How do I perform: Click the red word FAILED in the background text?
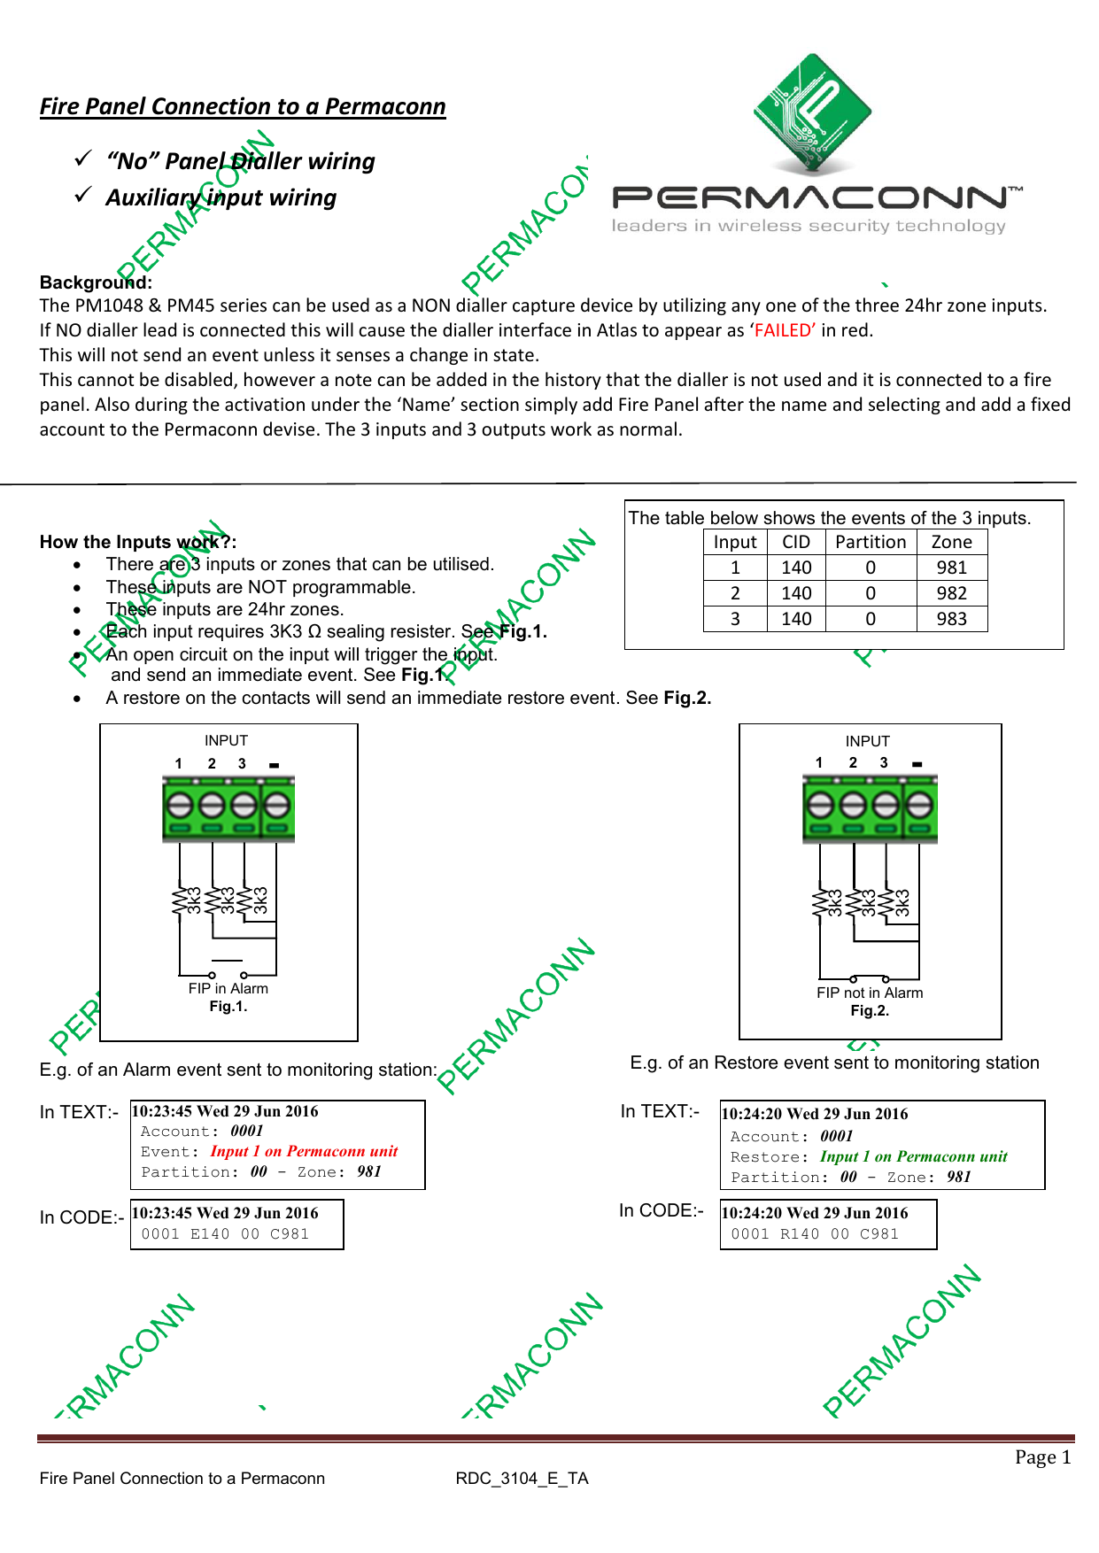pos(784,330)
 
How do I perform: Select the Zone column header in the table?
pos(951,542)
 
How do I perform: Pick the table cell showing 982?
pos(951,593)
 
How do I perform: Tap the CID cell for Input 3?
pos(795,619)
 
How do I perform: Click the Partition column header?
pos(870,542)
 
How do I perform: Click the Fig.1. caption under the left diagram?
pos(228,1007)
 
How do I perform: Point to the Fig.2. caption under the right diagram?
pos(869,1011)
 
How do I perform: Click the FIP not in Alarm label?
pos(869,993)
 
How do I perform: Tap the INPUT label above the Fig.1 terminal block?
pos(226,740)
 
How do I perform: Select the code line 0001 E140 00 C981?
pos(225,1234)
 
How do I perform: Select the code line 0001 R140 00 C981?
pos(814,1234)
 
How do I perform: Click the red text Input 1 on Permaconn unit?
pos(304,1152)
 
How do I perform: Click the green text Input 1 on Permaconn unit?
pos(913,1157)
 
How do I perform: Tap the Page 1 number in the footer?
pos(1042,1457)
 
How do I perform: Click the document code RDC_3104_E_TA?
pos(522,1479)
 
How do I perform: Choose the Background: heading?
pos(96,282)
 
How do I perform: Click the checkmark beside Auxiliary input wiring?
pos(83,195)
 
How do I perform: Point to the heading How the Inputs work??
pos(137,542)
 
